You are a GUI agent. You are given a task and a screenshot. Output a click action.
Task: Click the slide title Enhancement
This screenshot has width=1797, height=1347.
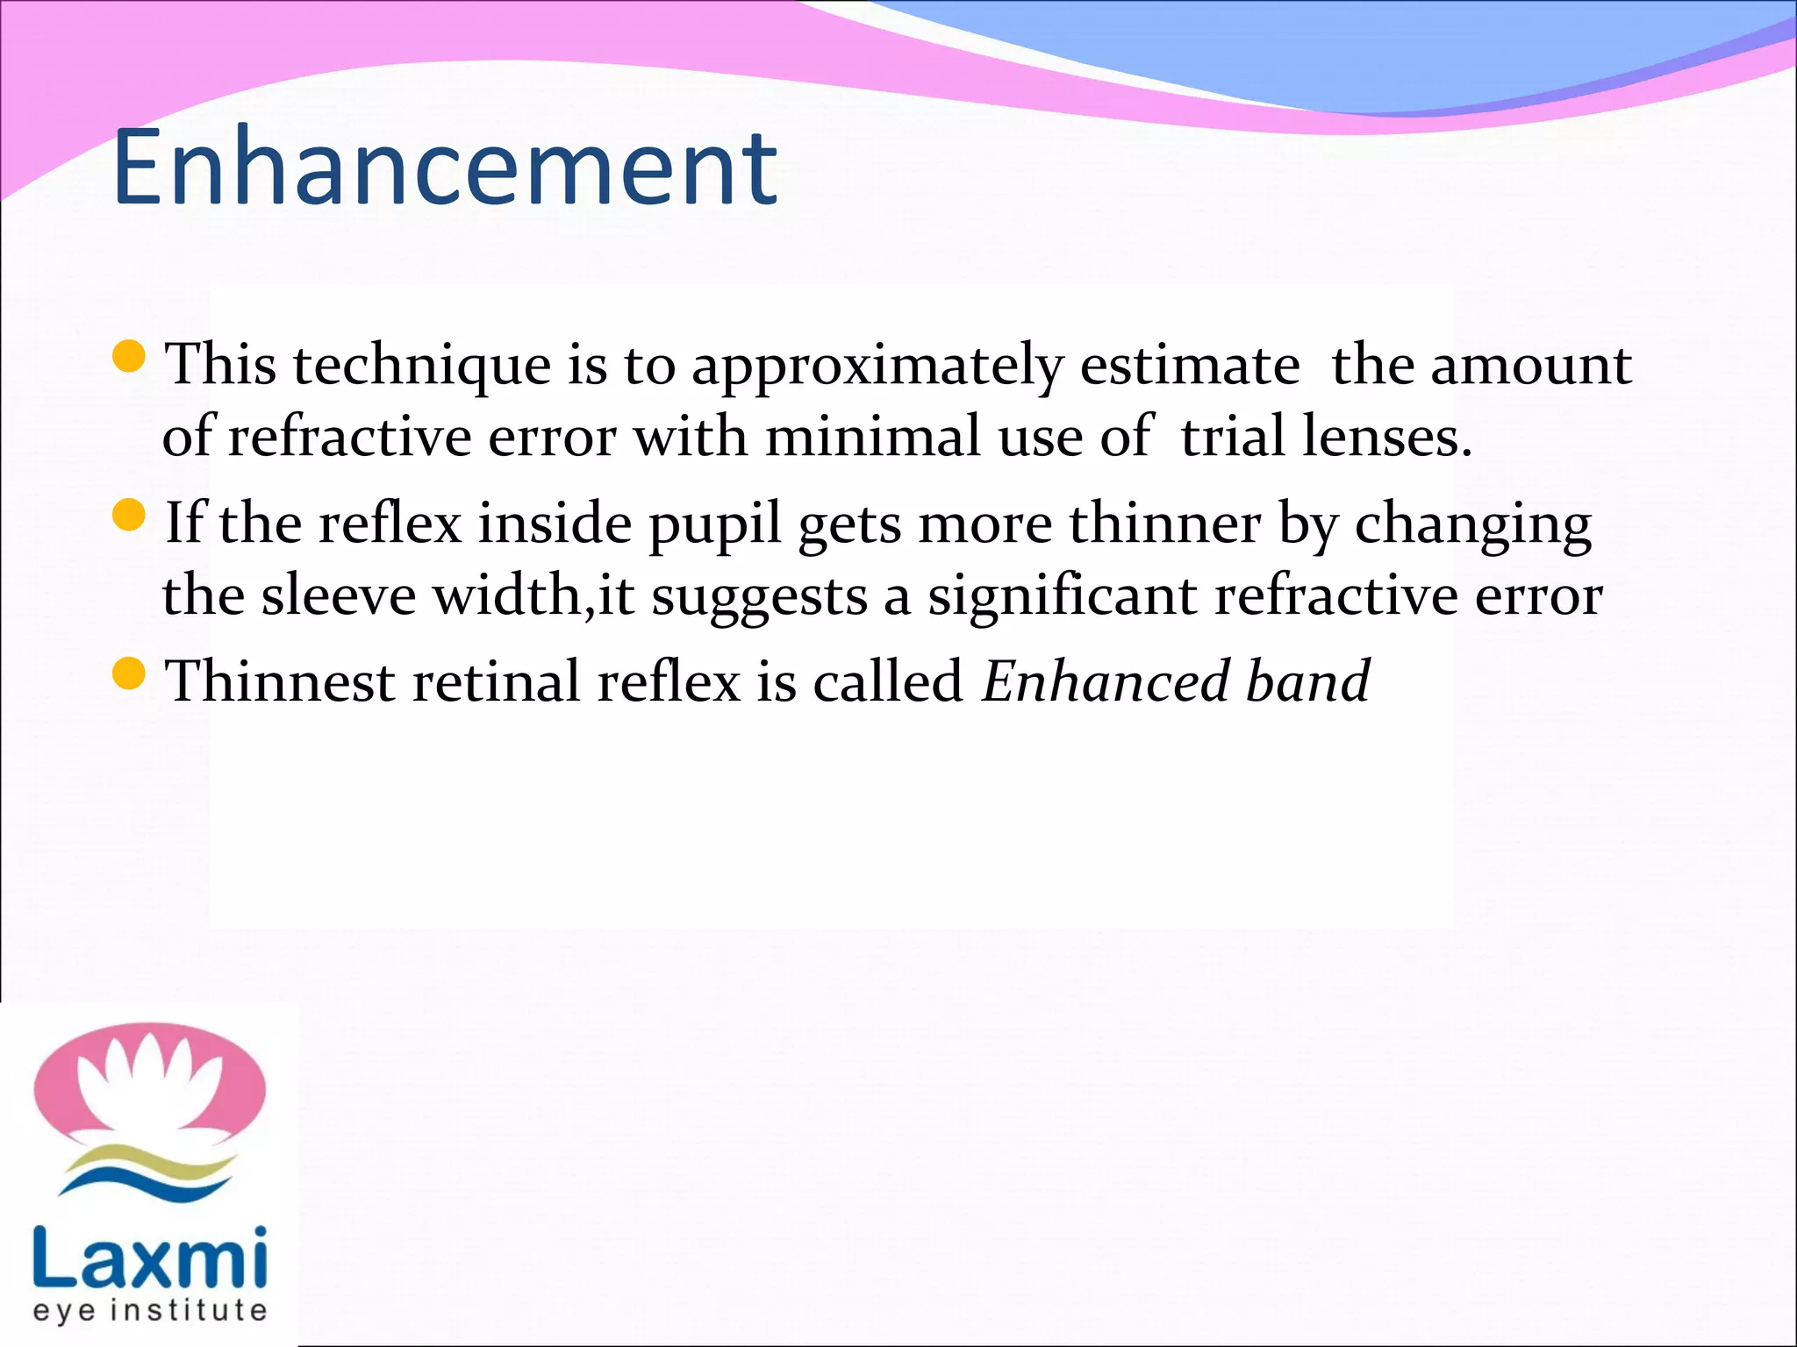tap(444, 168)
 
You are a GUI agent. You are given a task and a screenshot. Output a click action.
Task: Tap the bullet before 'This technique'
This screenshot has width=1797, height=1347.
tap(129, 357)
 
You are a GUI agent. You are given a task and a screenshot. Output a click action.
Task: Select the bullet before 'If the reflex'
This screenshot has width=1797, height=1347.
tap(129, 516)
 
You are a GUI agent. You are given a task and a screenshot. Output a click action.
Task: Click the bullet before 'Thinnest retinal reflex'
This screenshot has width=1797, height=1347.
tap(129, 674)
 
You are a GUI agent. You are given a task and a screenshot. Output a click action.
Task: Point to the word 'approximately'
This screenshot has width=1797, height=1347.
tap(877, 367)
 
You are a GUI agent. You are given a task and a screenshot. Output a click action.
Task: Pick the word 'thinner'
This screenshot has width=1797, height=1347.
tap(1165, 524)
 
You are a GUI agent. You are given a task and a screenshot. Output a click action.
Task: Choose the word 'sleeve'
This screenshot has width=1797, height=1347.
tap(338, 595)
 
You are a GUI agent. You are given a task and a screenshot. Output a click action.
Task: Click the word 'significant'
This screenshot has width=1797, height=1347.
tap(1062, 597)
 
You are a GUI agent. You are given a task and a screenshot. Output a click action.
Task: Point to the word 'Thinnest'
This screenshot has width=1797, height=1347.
tap(281, 681)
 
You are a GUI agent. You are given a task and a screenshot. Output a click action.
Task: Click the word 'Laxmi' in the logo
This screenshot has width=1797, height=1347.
tap(149, 1258)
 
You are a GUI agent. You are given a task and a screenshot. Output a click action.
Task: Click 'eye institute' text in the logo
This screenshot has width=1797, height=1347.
tap(149, 1311)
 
